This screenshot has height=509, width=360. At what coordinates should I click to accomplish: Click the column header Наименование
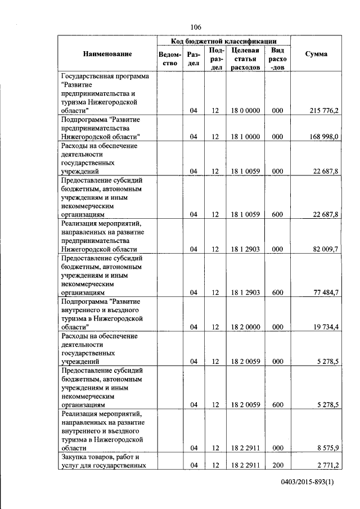[x=107, y=54]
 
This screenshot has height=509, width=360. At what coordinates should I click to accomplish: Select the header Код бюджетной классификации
[x=224, y=41]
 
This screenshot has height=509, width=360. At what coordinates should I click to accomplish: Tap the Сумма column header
[x=316, y=54]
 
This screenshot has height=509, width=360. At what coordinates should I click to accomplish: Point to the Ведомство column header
[x=170, y=58]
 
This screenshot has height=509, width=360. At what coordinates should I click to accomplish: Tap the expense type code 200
[x=277, y=465]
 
